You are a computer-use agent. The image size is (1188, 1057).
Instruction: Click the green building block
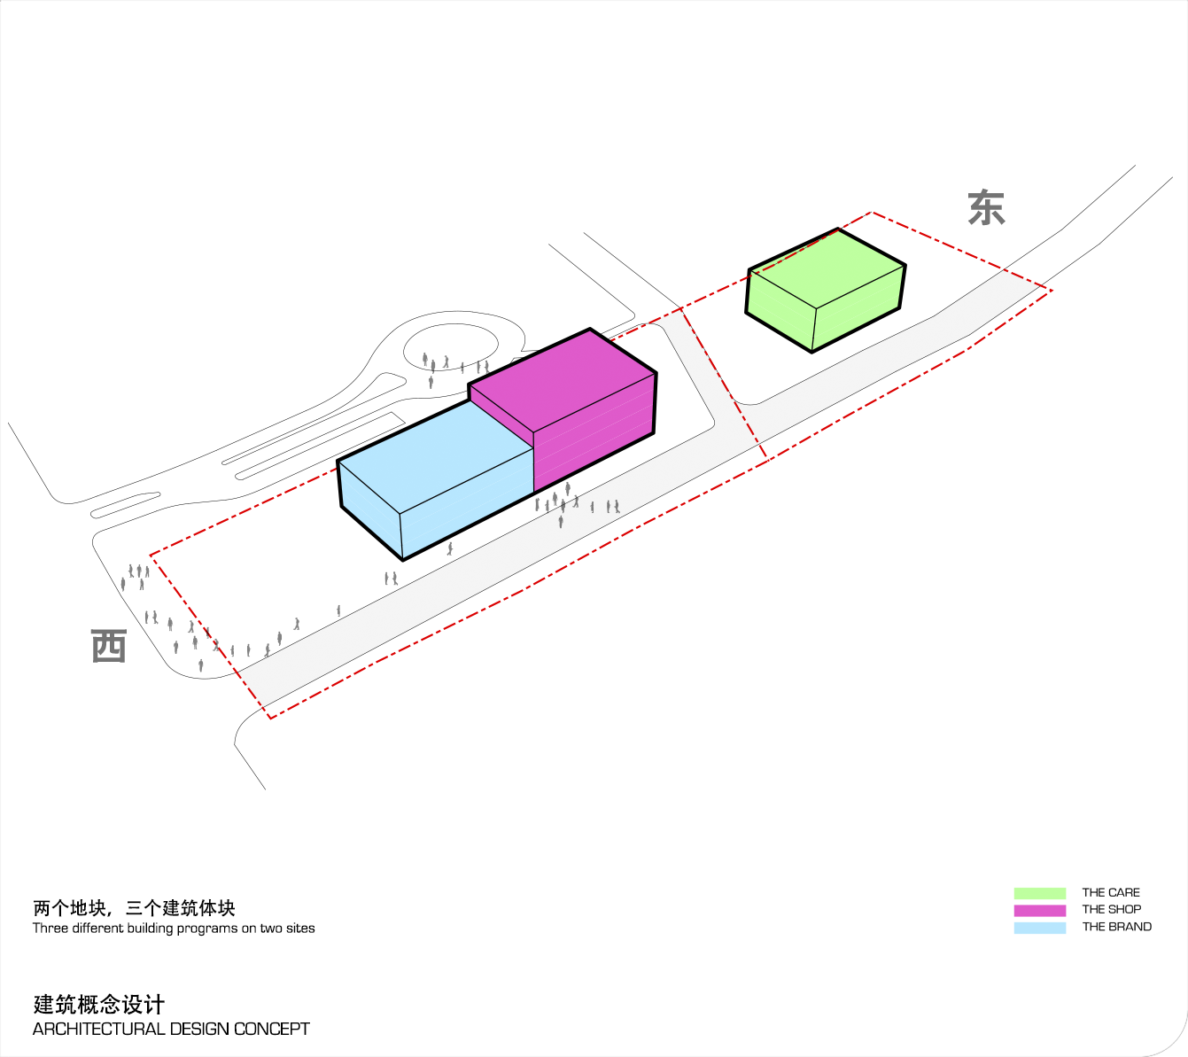(825, 291)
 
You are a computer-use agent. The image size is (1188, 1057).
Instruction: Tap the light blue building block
(435, 478)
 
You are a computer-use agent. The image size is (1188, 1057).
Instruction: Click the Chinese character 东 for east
(986, 207)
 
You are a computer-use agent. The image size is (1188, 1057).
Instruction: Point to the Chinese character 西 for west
(109, 646)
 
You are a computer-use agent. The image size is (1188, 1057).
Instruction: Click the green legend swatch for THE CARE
(1040, 893)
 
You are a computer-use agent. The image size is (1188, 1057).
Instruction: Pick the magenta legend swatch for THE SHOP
(1040, 910)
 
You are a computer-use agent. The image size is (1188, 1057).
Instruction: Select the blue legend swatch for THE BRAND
(1040, 928)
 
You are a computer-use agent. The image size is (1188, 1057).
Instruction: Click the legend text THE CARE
(1111, 893)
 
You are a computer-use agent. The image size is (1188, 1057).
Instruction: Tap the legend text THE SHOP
(1111, 910)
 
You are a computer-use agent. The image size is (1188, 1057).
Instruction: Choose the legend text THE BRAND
(1116, 927)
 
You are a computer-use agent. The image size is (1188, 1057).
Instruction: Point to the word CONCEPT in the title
(271, 1029)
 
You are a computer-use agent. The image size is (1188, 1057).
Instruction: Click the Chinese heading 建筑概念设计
(98, 1004)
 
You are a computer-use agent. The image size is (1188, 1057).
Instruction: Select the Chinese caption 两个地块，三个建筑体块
(134, 908)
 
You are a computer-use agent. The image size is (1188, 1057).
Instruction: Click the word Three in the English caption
(50, 928)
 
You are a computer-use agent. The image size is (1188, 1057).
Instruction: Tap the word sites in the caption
(300, 928)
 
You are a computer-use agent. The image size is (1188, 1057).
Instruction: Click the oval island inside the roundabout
(451, 345)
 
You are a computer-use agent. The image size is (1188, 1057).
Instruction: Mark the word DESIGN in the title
(198, 1029)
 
